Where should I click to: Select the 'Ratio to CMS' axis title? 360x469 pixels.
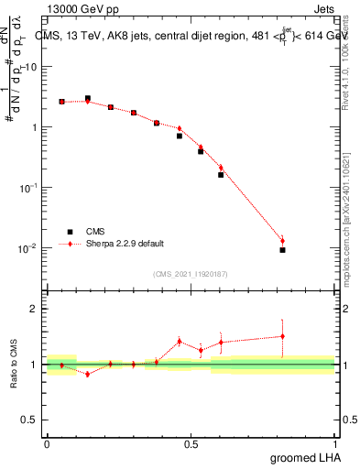click(x=14, y=364)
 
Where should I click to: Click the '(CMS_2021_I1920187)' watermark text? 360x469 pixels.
click(x=190, y=272)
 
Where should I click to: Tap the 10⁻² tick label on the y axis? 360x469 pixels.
click(x=28, y=248)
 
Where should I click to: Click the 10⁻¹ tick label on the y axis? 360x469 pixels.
click(x=28, y=188)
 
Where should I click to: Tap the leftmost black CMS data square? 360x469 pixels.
click(x=61, y=102)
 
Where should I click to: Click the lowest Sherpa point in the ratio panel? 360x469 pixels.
click(x=87, y=374)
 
